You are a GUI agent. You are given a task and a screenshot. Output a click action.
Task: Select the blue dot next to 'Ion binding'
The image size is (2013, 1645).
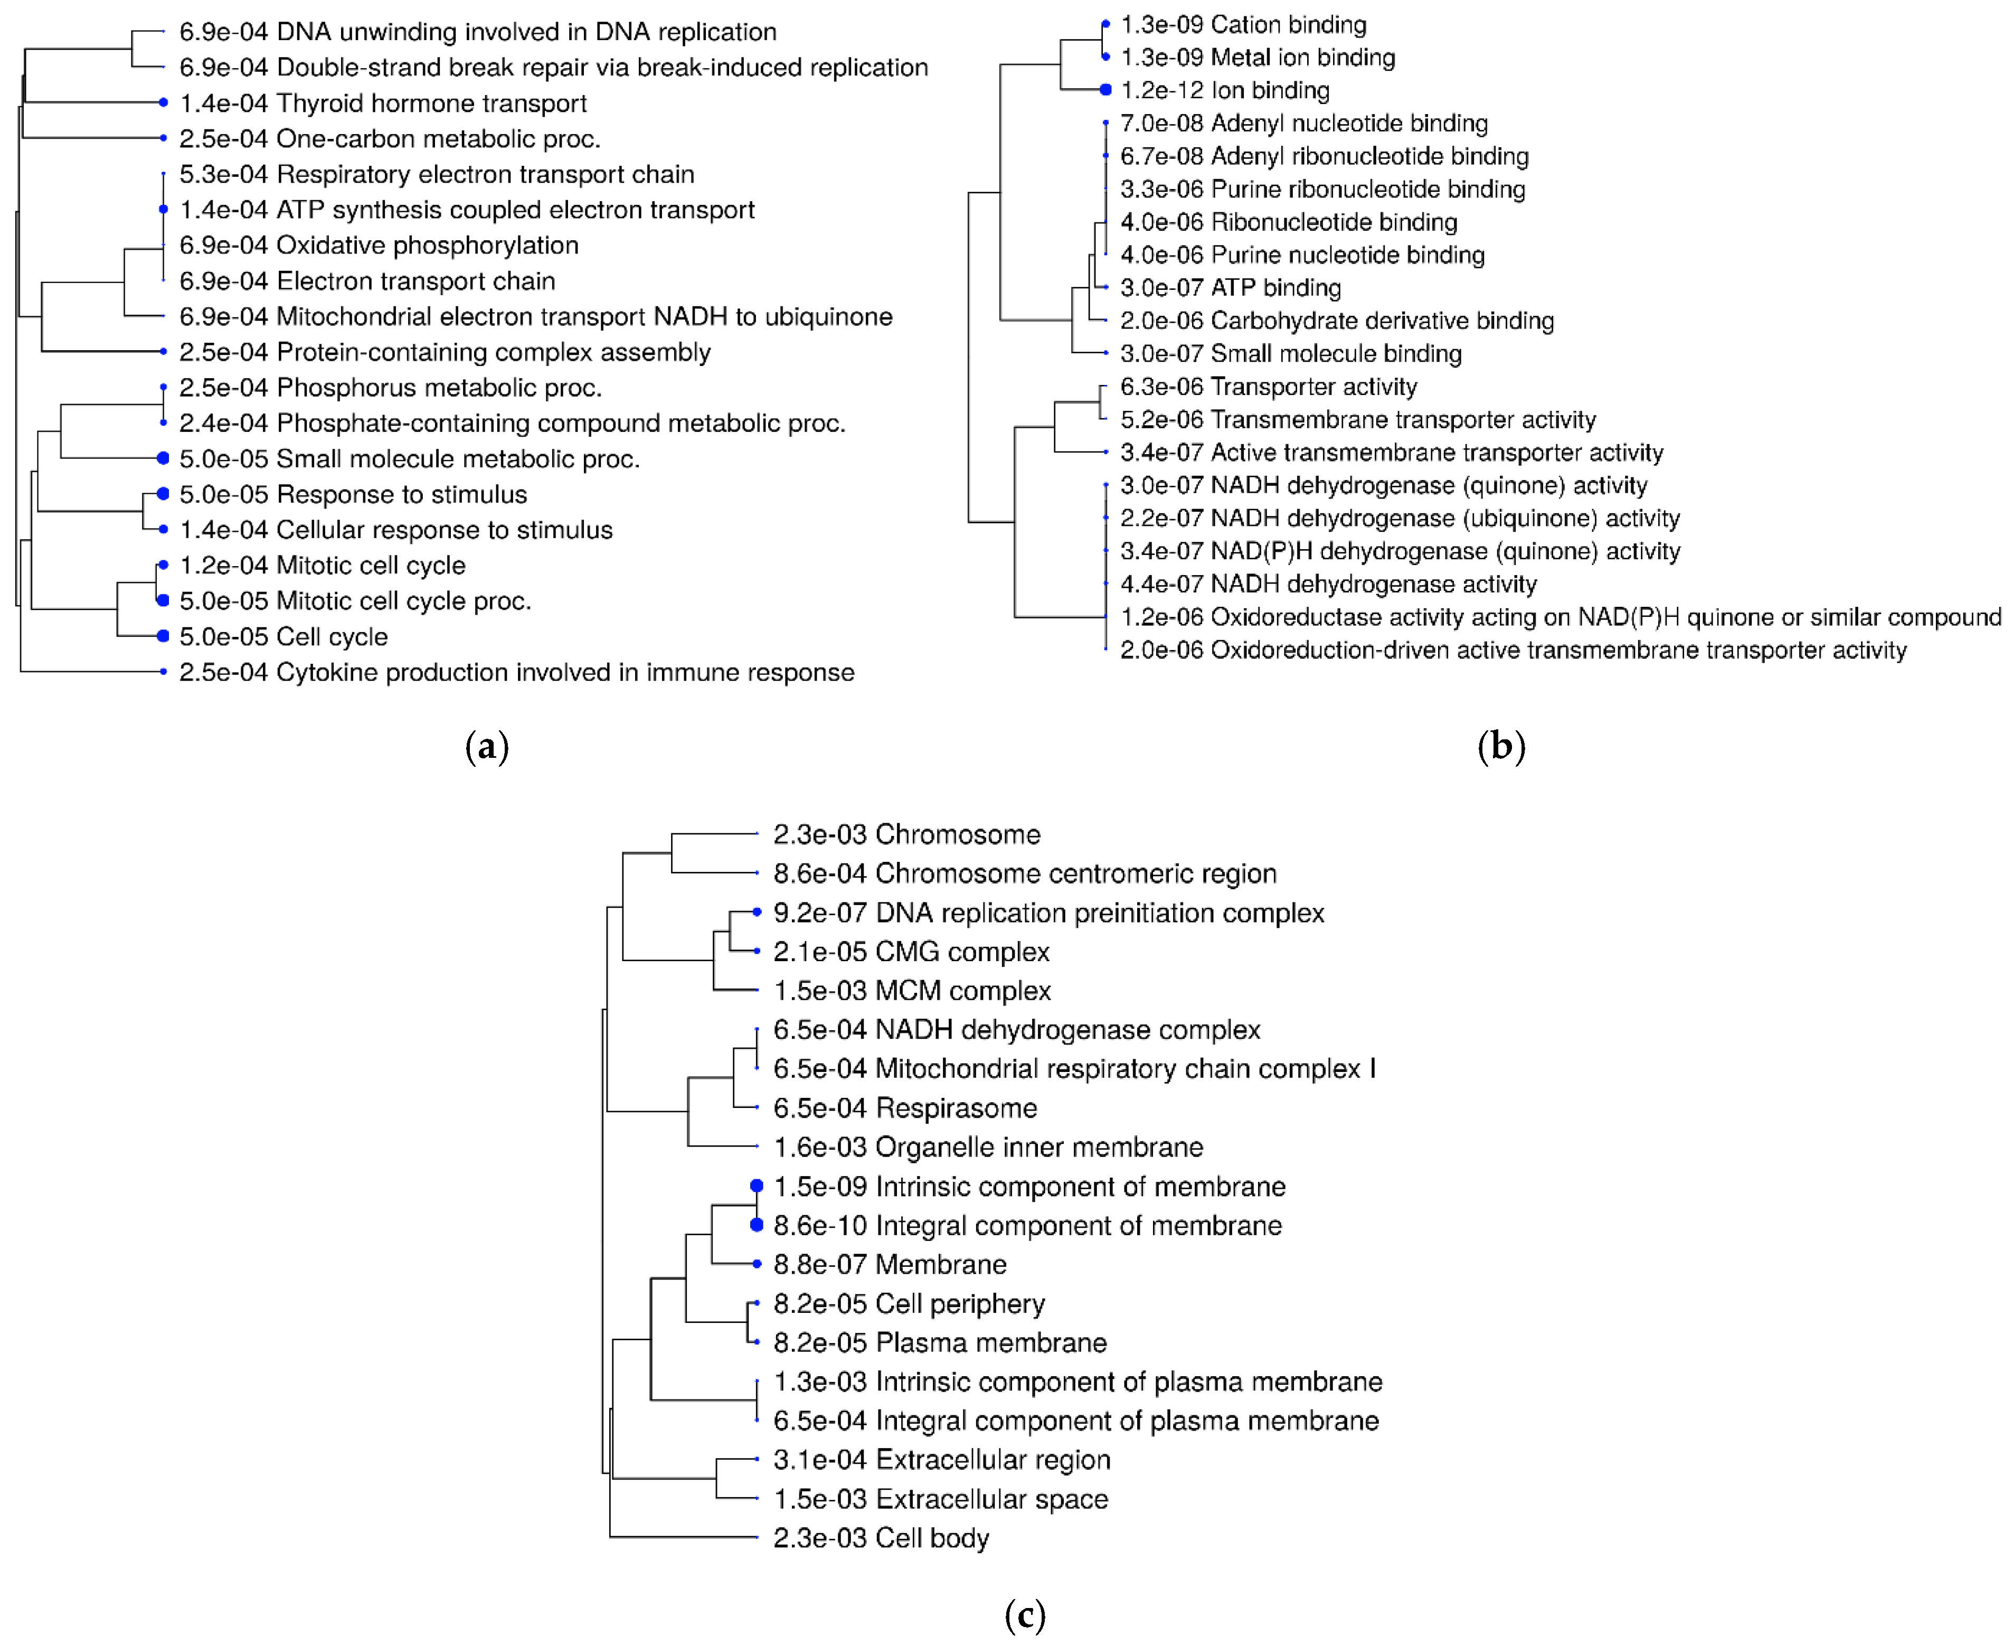point(1105,90)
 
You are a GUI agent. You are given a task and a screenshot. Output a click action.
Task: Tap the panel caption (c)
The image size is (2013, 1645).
point(1025,1615)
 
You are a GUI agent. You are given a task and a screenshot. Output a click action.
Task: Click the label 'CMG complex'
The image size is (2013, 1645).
point(962,952)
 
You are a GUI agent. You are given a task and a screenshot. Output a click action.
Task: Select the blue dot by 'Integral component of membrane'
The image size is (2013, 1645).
point(756,1225)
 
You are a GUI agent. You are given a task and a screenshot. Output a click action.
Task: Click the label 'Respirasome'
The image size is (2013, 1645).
point(957,1108)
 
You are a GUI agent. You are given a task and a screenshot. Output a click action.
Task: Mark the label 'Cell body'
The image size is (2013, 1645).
point(932,1538)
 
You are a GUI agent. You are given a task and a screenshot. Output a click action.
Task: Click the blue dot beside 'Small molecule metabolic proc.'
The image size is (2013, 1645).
point(163,458)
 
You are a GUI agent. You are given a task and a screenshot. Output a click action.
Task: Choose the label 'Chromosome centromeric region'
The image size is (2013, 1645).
point(1076,873)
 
